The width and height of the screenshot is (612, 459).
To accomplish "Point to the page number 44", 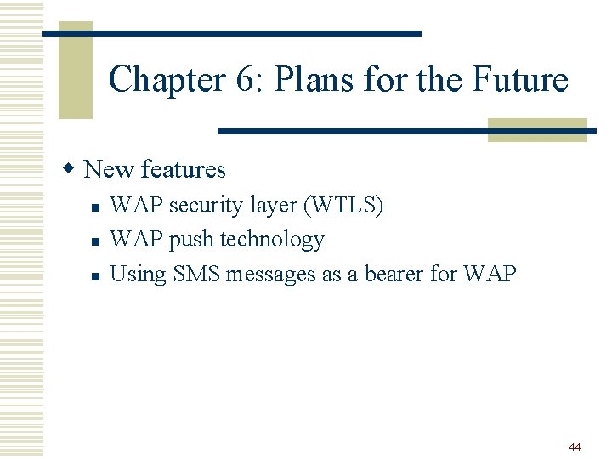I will coord(575,447).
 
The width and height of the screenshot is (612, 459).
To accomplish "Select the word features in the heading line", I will coord(184,169).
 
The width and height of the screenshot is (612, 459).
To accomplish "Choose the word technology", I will coord(272,241).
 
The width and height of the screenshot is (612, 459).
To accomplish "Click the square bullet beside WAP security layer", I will coord(96,207).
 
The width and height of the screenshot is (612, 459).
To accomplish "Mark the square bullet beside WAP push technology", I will coord(96,241).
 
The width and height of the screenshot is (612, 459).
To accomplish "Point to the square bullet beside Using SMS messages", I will coord(96,275).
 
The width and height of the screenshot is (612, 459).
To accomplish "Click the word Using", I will coord(139,275).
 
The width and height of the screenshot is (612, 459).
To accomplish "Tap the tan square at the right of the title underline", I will coord(537,130).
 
